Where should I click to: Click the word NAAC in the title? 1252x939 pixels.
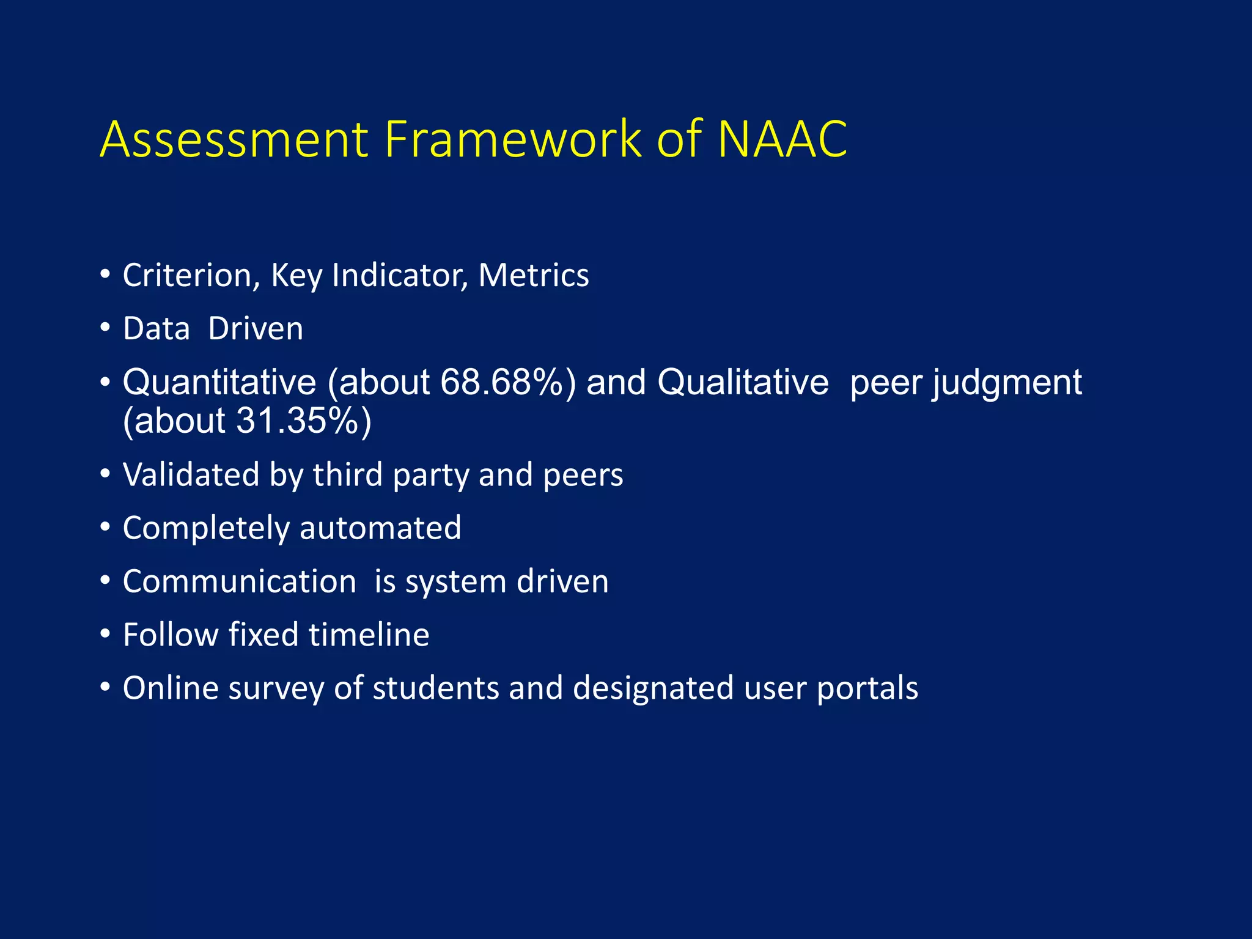(x=782, y=139)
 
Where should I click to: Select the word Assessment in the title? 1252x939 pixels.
(x=234, y=139)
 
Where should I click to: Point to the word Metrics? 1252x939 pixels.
(x=534, y=275)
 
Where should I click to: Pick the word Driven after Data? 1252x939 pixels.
(x=256, y=328)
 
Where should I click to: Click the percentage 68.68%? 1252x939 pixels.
(x=507, y=383)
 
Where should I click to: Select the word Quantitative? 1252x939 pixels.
(x=219, y=383)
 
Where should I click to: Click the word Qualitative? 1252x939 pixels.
(x=743, y=383)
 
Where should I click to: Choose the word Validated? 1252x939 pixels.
(x=191, y=474)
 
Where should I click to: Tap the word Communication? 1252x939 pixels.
(x=240, y=581)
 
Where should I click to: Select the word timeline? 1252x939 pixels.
(x=369, y=635)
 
